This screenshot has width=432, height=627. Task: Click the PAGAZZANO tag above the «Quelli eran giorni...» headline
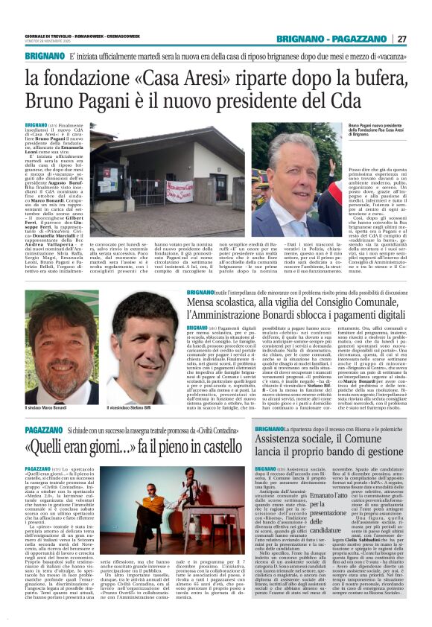(x=42, y=431)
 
